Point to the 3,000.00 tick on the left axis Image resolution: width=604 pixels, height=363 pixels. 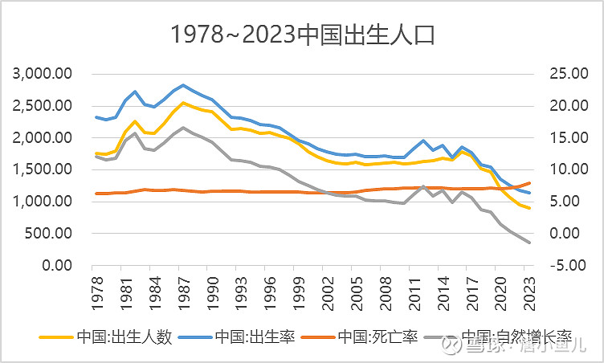[44, 74]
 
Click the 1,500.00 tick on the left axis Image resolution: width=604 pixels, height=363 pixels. [44, 169]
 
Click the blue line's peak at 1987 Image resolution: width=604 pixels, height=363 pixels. [183, 85]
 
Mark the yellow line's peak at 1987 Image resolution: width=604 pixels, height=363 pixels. [183, 103]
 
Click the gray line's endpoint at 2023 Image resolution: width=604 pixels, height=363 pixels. [528, 243]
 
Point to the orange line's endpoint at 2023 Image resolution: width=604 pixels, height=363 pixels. [528, 183]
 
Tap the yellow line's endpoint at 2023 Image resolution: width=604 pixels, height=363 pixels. [528, 208]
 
